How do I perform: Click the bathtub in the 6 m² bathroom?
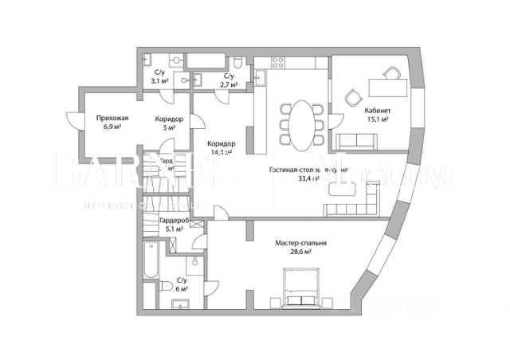coord(151,266)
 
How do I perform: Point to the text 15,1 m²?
coord(376,119)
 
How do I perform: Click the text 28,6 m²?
coord(300,252)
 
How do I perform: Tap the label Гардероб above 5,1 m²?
coord(172,221)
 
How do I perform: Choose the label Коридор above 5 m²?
coord(169,119)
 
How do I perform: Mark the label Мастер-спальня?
coord(301,243)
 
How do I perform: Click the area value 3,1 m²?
coord(160,81)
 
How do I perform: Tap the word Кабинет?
coord(376,111)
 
